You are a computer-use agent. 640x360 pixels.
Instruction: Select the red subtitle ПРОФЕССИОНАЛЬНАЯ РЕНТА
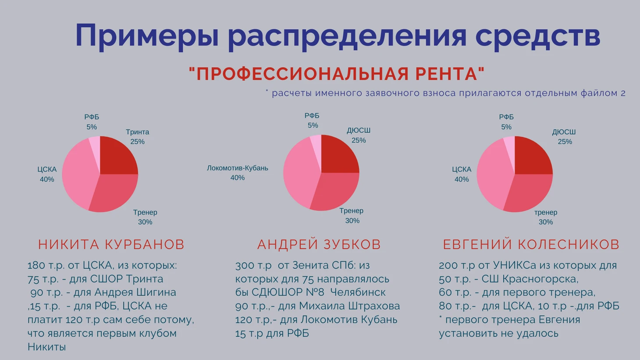(337, 74)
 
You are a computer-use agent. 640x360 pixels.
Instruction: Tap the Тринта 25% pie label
(137, 137)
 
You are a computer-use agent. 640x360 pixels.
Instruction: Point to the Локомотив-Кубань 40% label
(237, 173)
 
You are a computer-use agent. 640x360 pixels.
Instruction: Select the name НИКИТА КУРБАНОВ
(111, 244)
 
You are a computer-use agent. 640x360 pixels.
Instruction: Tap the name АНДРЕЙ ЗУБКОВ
(319, 244)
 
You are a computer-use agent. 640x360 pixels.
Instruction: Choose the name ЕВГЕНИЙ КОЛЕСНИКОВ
(531, 244)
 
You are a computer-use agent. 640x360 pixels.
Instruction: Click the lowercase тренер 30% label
(546, 217)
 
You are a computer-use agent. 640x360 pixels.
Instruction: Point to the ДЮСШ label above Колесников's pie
(564, 132)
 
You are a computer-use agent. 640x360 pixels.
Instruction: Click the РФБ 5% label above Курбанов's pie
(92, 122)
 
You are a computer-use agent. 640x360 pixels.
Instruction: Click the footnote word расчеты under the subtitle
(292, 93)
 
